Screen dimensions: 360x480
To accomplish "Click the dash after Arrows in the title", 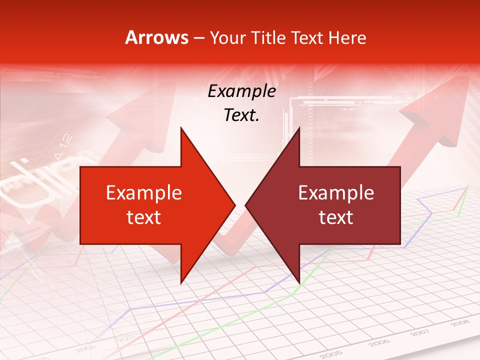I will pyautogui.click(x=199, y=38).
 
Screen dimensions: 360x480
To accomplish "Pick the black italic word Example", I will pyautogui.click(x=241, y=91).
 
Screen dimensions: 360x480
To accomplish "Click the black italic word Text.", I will pyautogui.click(x=241, y=115).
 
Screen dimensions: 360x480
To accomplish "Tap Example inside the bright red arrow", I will pyautogui.click(x=144, y=193).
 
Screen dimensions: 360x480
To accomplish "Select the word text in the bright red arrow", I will pyautogui.click(x=144, y=217).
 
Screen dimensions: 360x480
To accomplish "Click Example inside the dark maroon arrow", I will pyautogui.click(x=336, y=193).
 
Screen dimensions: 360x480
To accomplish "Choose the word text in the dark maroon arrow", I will pyautogui.click(x=336, y=217).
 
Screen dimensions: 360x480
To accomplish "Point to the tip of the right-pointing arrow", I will pyautogui.click(x=235, y=205).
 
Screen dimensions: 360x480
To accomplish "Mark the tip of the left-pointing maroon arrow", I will pyautogui.click(x=245, y=205).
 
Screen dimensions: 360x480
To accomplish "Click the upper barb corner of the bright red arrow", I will pyautogui.click(x=180, y=127).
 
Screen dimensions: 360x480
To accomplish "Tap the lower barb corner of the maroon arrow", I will pyautogui.click(x=299, y=283).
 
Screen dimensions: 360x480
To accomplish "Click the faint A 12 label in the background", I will pyautogui.click(x=63, y=147).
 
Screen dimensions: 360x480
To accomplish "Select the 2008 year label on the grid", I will pyautogui.click(x=459, y=323).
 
